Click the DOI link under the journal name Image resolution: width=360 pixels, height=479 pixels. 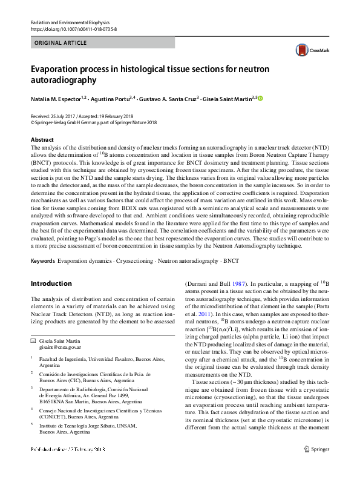[x=73, y=29]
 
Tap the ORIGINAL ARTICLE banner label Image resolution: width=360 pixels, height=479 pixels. [x=61, y=43]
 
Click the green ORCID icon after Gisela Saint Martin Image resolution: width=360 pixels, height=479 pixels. [x=261, y=98]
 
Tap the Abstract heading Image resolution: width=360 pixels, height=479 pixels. [x=42, y=139]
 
